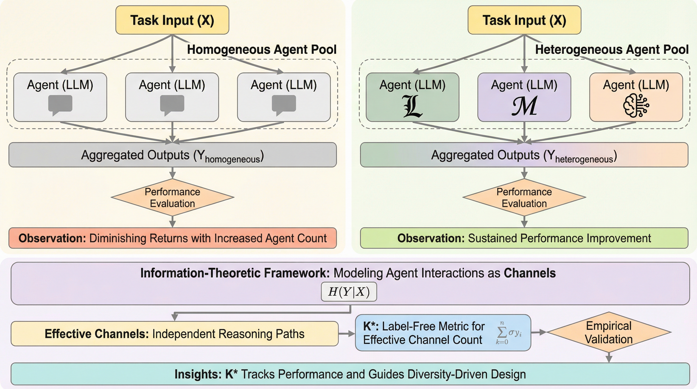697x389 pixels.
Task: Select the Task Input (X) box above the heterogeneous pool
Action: [524, 20]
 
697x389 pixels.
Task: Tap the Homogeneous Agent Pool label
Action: [262, 49]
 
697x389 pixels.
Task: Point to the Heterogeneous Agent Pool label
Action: [612, 49]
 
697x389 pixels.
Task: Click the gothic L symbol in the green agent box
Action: [412, 106]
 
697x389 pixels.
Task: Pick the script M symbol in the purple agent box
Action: [524, 106]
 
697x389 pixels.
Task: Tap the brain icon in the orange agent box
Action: [636, 106]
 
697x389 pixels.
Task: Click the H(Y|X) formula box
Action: [349, 291]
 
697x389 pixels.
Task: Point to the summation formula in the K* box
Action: [508, 333]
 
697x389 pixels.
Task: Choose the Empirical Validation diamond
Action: [609, 332]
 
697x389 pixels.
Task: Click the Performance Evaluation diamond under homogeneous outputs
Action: [172, 198]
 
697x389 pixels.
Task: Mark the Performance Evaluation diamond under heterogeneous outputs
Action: [524, 198]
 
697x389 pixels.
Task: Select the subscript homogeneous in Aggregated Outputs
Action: [232, 159]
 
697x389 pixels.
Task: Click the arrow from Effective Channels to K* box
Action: [347, 334]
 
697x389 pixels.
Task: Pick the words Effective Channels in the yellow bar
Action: [96, 334]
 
